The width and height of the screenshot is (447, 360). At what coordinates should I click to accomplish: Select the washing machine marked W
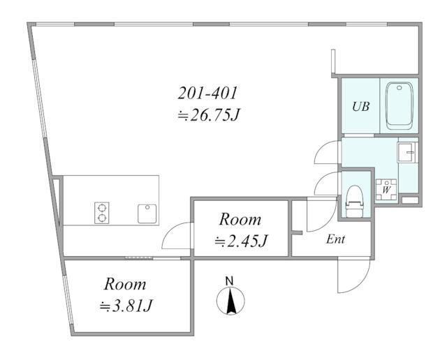tap(386, 189)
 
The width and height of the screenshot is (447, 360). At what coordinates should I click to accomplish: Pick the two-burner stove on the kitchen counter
tap(102, 213)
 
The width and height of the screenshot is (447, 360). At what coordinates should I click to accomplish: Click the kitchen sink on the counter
tap(147, 213)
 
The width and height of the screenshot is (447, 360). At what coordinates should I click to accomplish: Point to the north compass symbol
tap(230, 301)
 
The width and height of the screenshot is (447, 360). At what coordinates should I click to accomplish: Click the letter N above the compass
tap(230, 281)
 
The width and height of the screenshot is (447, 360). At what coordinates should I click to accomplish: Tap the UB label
tap(361, 107)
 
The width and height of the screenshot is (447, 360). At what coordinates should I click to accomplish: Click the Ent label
tap(336, 239)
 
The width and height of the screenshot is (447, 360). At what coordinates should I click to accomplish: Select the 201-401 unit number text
tap(207, 93)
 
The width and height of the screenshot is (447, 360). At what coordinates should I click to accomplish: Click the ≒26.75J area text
tap(208, 115)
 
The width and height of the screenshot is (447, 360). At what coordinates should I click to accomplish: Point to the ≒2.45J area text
tap(241, 241)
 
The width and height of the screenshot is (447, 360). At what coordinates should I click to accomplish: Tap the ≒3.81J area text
tap(126, 306)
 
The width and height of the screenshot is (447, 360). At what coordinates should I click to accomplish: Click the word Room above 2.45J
tap(240, 220)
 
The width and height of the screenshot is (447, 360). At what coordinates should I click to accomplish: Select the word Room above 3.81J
tap(125, 284)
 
